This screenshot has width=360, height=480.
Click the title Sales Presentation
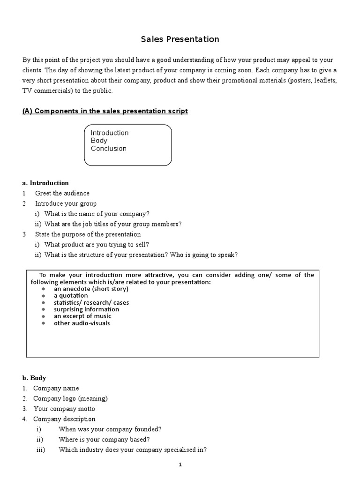tap(180, 39)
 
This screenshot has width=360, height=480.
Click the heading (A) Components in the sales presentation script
tap(105, 111)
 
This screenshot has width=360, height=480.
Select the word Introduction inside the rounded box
tap(109, 133)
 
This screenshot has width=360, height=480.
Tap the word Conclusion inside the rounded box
tap(108, 149)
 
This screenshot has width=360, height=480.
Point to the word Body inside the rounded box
tap(99, 141)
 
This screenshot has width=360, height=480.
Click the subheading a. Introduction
tap(45, 183)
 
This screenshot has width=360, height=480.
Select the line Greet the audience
tap(62, 193)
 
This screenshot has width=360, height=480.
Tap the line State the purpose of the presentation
tap(88, 234)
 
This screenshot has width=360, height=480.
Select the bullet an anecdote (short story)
tap(91, 289)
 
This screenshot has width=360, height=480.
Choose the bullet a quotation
tap(71, 296)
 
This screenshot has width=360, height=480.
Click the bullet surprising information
tap(86, 309)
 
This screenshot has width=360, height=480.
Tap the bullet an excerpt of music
tap(82, 316)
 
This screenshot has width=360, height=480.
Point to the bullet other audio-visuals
tap(82, 323)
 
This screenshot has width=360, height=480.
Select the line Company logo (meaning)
tap(70, 398)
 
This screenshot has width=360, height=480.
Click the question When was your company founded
tap(110, 429)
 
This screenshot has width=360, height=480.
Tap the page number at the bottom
tap(180, 465)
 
